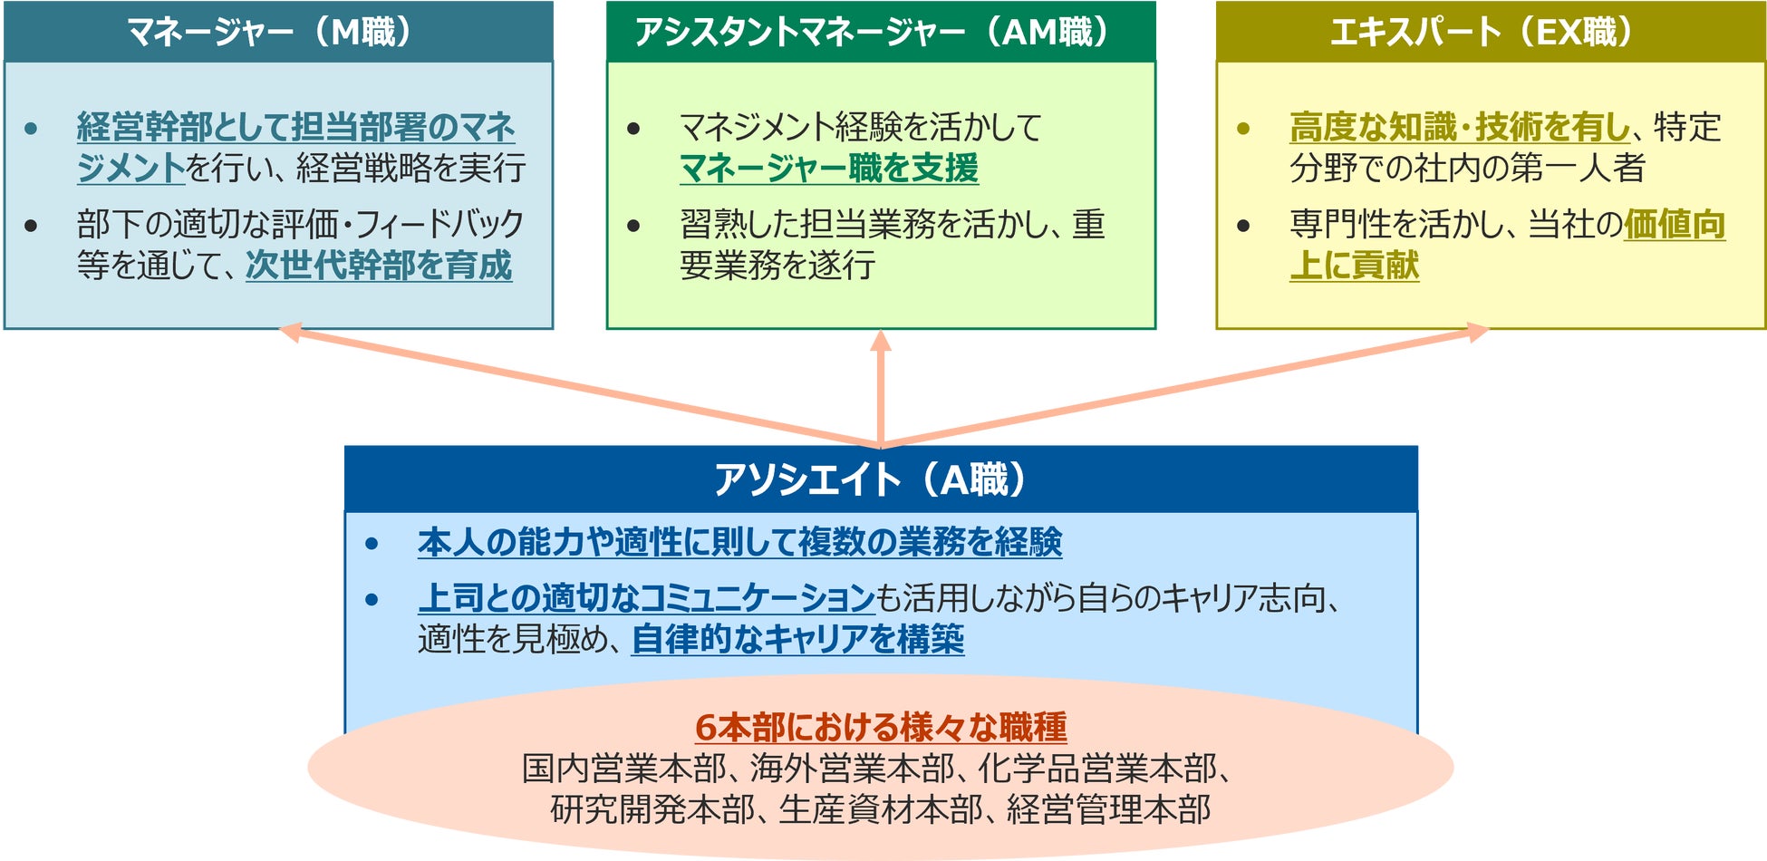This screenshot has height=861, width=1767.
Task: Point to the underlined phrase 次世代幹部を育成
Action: click(378, 266)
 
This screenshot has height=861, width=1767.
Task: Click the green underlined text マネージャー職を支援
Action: click(828, 169)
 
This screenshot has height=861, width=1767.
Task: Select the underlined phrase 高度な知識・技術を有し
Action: click(1459, 128)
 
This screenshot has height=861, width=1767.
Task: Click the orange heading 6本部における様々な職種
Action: click(880, 727)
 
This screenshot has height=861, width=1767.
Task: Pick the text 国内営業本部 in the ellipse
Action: click(623, 769)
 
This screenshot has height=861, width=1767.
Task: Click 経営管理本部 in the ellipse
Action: click(1108, 809)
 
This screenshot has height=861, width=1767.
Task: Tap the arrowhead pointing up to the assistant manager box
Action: click(880, 341)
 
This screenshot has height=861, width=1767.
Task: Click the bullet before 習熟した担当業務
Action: click(634, 226)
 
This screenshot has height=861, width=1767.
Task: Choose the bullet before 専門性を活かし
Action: click(1243, 226)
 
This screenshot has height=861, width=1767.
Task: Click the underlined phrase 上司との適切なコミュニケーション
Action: click(645, 599)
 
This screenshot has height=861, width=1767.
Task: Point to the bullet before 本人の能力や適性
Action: click(372, 544)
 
